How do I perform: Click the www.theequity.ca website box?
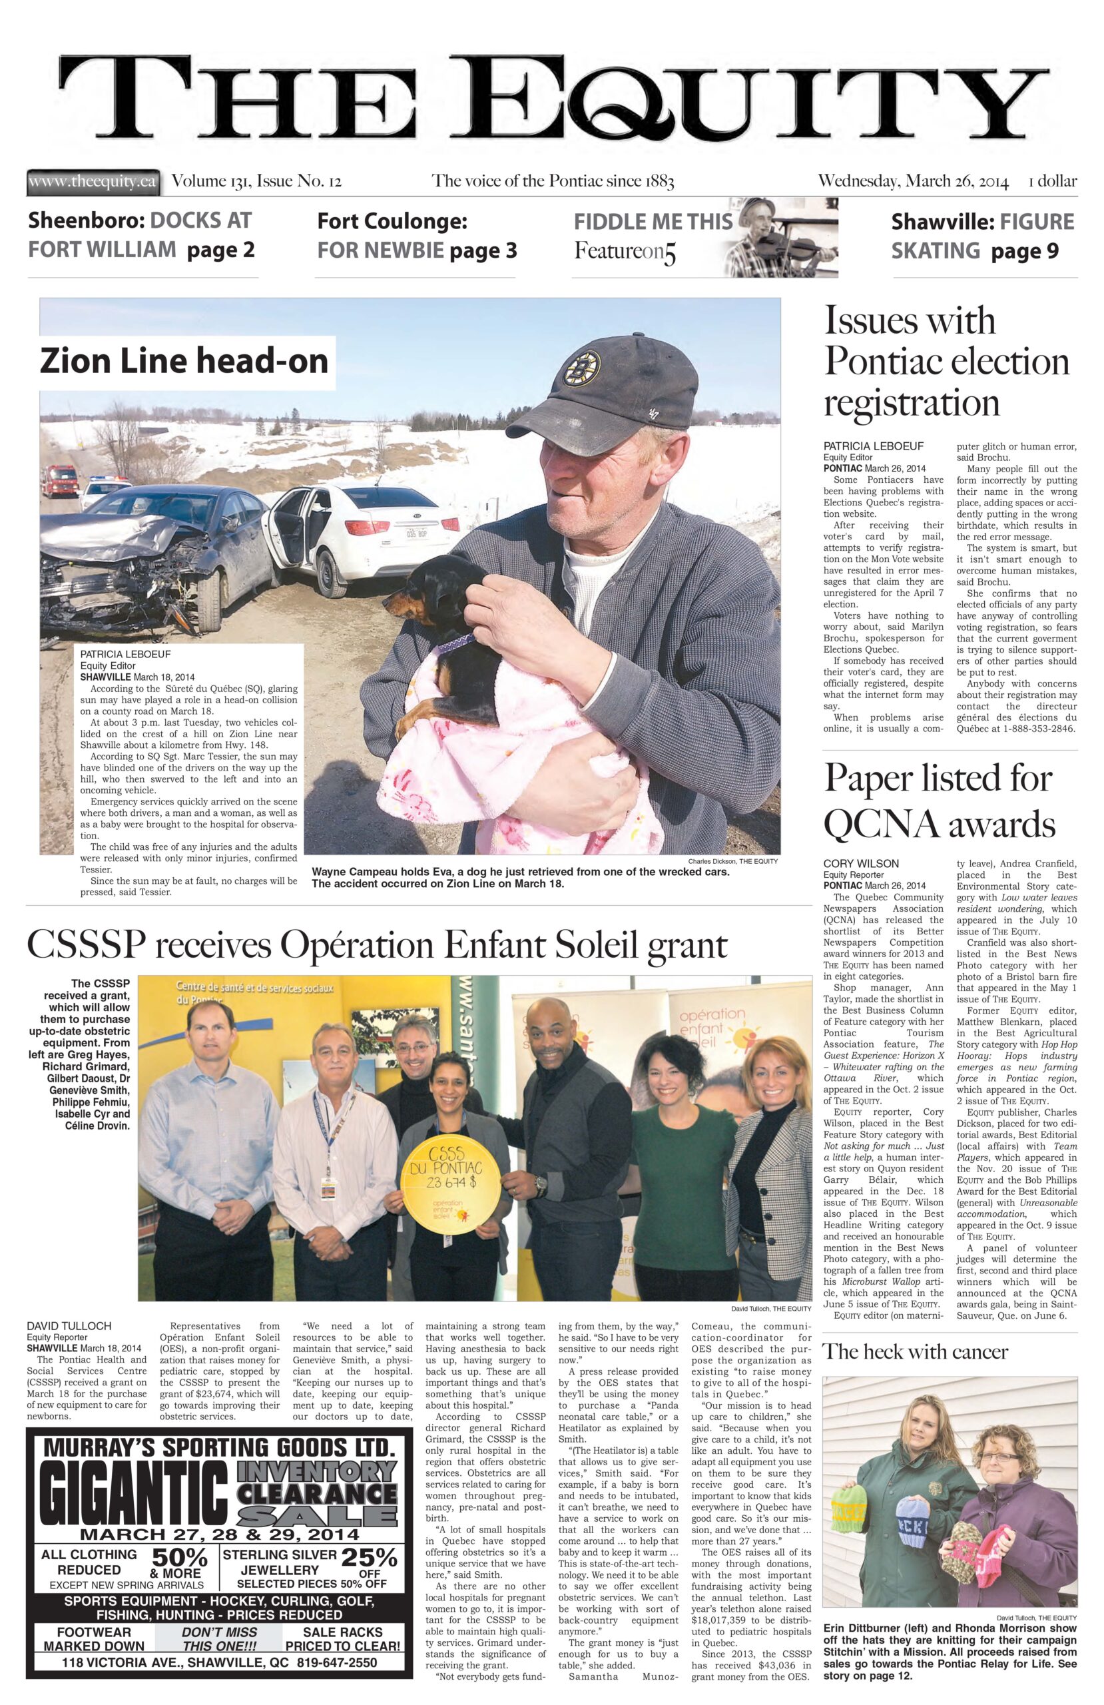tap(93, 181)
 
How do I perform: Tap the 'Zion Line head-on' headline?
tap(184, 361)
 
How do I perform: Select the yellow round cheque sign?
tap(445, 1193)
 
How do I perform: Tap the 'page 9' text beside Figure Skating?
tap(1025, 250)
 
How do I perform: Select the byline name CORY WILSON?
tap(860, 864)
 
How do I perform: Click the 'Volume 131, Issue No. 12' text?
tap(256, 181)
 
